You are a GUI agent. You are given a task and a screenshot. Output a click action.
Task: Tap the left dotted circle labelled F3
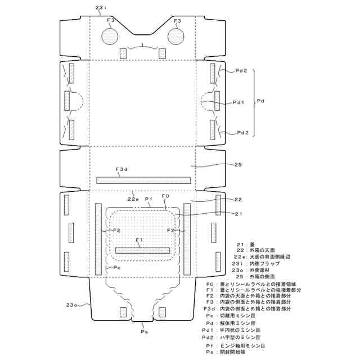click(x=110, y=37)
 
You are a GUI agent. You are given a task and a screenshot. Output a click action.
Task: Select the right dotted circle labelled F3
click(x=177, y=37)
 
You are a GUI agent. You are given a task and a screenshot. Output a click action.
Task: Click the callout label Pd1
click(x=239, y=102)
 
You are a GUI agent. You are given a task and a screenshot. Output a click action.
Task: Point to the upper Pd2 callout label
click(x=242, y=71)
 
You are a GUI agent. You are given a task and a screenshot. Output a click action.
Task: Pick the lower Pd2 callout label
click(x=242, y=133)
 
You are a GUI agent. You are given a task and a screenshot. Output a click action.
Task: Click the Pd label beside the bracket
click(x=261, y=101)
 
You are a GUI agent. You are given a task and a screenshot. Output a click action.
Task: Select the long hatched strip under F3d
click(x=144, y=180)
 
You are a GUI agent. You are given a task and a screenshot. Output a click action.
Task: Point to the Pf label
click(x=149, y=199)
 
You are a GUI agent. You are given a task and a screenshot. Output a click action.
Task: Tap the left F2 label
click(x=116, y=230)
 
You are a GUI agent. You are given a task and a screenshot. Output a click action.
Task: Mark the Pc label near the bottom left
click(x=117, y=268)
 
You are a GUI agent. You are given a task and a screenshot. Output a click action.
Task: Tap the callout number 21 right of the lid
click(x=238, y=214)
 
